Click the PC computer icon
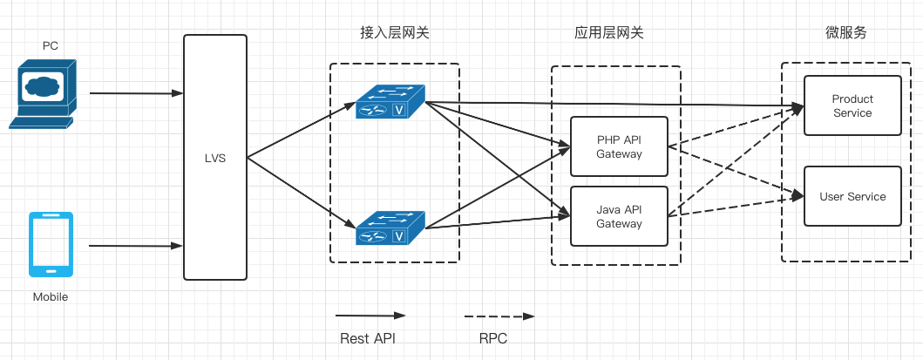coord(43,93)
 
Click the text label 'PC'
coord(51,44)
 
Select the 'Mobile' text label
coord(51,297)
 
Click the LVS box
coord(215,157)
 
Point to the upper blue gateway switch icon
coord(390,102)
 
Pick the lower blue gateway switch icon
coord(390,228)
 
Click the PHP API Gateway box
coord(619,146)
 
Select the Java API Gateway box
coord(619,216)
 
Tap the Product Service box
coord(852,105)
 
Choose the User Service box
coord(852,196)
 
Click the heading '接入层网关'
coord(394,33)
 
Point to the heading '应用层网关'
coord(609,33)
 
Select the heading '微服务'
coord(845,33)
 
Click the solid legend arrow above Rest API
coord(370,316)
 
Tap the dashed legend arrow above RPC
coord(499,316)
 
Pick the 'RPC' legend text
coord(492,338)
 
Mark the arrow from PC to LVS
coord(136,92)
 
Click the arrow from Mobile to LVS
coord(136,246)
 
